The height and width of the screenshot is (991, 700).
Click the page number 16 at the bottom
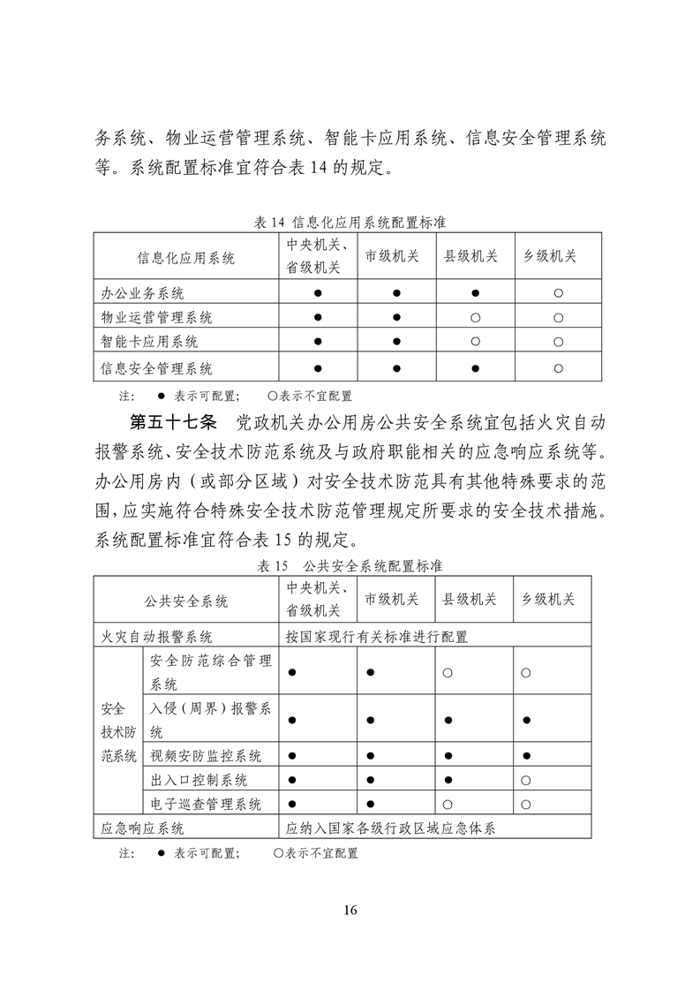350,911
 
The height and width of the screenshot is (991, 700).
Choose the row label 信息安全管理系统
157,368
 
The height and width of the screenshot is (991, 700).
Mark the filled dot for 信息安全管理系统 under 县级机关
475,368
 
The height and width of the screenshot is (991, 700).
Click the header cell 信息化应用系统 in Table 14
185,258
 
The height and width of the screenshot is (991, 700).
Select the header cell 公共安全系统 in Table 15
185,601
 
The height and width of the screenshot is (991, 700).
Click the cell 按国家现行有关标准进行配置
377,636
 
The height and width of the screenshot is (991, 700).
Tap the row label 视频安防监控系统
206,756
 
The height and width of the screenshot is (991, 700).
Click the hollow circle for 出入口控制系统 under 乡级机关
525,781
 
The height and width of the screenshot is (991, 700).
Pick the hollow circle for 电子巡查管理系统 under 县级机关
448,805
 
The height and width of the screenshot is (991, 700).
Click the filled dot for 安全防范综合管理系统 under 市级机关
371,673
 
